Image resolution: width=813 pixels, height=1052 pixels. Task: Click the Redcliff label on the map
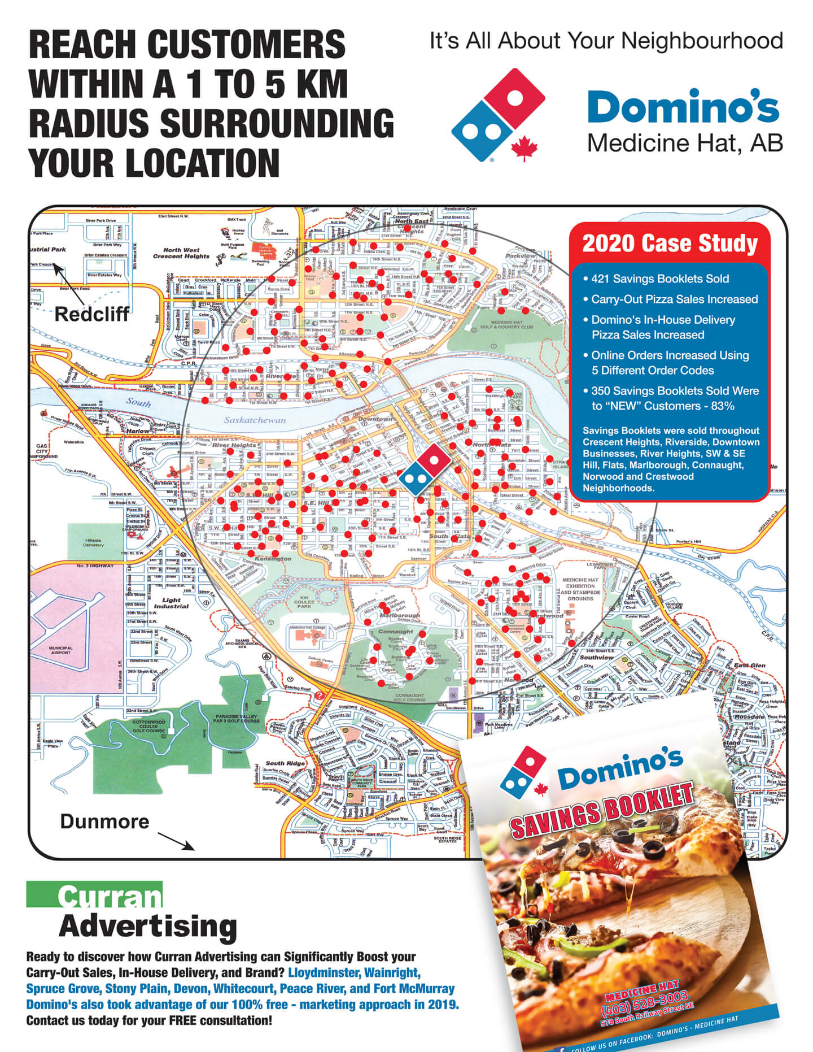[x=91, y=314]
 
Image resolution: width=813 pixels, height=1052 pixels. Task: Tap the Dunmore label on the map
[x=104, y=821]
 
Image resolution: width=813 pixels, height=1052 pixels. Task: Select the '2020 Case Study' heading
[x=670, y=244]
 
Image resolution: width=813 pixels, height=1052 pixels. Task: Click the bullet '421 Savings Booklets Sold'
[x=659, y=279]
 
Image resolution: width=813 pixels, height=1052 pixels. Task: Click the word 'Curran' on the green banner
[x=110, y=896]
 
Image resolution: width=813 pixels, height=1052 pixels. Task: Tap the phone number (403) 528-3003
[x=644, y=1002]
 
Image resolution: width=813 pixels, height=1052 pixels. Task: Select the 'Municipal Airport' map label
[x=60, y=650]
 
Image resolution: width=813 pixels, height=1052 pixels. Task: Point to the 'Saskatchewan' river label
[x=255, y=420]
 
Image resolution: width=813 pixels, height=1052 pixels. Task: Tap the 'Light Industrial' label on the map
[x=171, y=603]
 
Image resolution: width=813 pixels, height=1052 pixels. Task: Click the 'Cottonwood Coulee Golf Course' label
[x=148, y=726]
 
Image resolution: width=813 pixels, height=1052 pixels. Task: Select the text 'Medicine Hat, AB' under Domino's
[x=685, y=144]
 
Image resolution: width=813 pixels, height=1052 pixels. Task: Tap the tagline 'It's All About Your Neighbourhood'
[x=606, y=41]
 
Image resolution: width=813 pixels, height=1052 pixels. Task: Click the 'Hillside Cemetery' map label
[x=93, y=542]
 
